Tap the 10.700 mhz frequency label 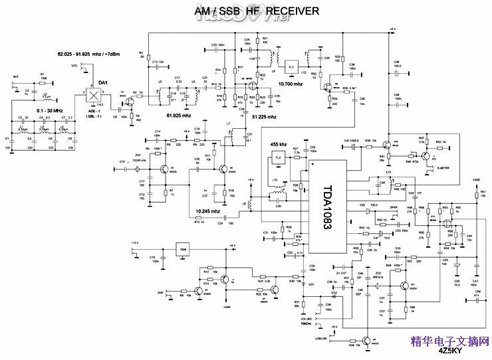click(291, 84)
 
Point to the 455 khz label click(279, 144)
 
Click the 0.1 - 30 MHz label click(50, 110)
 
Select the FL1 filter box click(291, 66)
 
